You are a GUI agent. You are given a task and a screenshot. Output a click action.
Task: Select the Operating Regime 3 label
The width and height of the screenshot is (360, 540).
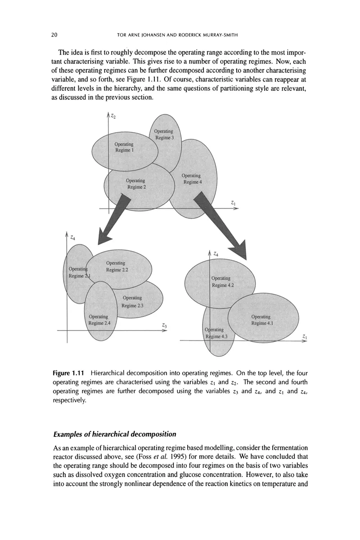click(164, 134)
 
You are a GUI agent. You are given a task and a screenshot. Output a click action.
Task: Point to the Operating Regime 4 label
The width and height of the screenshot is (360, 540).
click(191, 179)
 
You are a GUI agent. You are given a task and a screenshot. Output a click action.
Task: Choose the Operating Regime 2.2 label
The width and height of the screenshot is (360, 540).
click(117, 266)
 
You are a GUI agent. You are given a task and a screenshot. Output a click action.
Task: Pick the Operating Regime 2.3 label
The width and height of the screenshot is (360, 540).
click(132, 301)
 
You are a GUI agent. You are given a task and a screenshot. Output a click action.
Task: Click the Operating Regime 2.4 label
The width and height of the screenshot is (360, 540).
click(99, 319)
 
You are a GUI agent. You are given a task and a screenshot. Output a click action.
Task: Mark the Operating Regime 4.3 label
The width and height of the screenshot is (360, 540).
click(216, 333)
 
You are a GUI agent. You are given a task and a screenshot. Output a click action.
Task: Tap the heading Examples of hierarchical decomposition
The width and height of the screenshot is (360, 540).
click(114, 434)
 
